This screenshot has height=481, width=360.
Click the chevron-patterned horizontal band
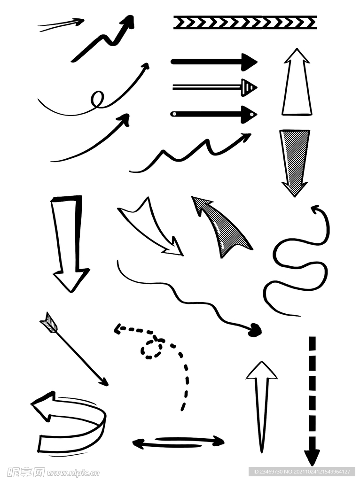(245, 23)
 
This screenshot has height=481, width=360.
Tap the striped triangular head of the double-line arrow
(249, 88)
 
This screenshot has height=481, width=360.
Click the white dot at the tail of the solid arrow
(174, 114)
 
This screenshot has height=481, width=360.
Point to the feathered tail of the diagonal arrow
(49, 322)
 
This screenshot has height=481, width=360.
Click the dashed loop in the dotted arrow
(151, 349)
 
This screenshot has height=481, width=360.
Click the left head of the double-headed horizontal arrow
(139, 443)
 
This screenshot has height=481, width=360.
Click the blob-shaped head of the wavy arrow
(255, 330)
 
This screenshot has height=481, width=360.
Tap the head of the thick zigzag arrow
(127, 23)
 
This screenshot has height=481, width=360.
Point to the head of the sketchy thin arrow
(79, 21)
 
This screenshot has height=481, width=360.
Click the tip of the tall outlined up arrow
(297, 48)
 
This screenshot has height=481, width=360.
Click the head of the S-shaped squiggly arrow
(315, 209)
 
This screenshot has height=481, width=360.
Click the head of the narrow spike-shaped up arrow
(262, 371)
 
